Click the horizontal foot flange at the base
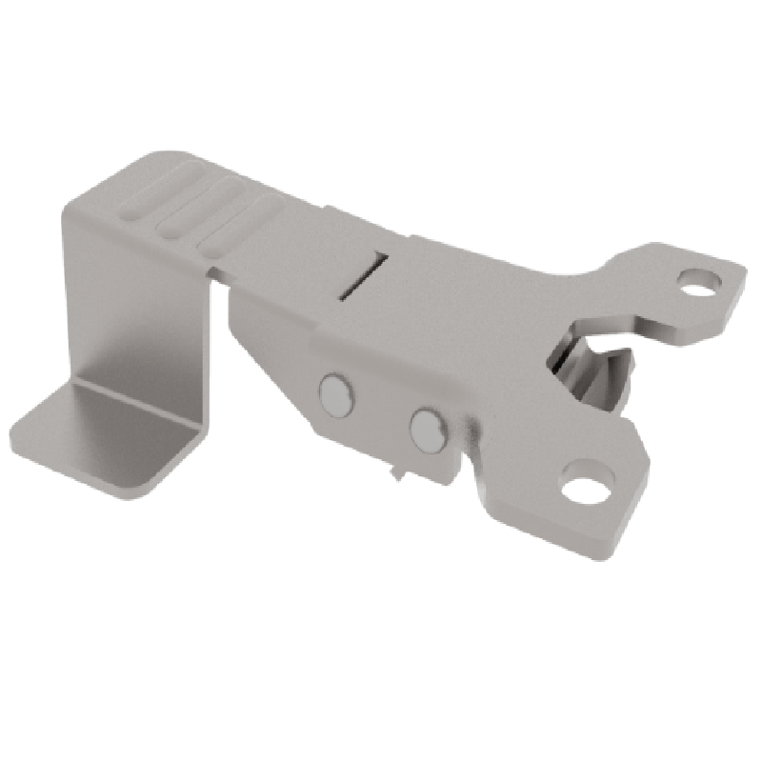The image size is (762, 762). click(x=105, y=438)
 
